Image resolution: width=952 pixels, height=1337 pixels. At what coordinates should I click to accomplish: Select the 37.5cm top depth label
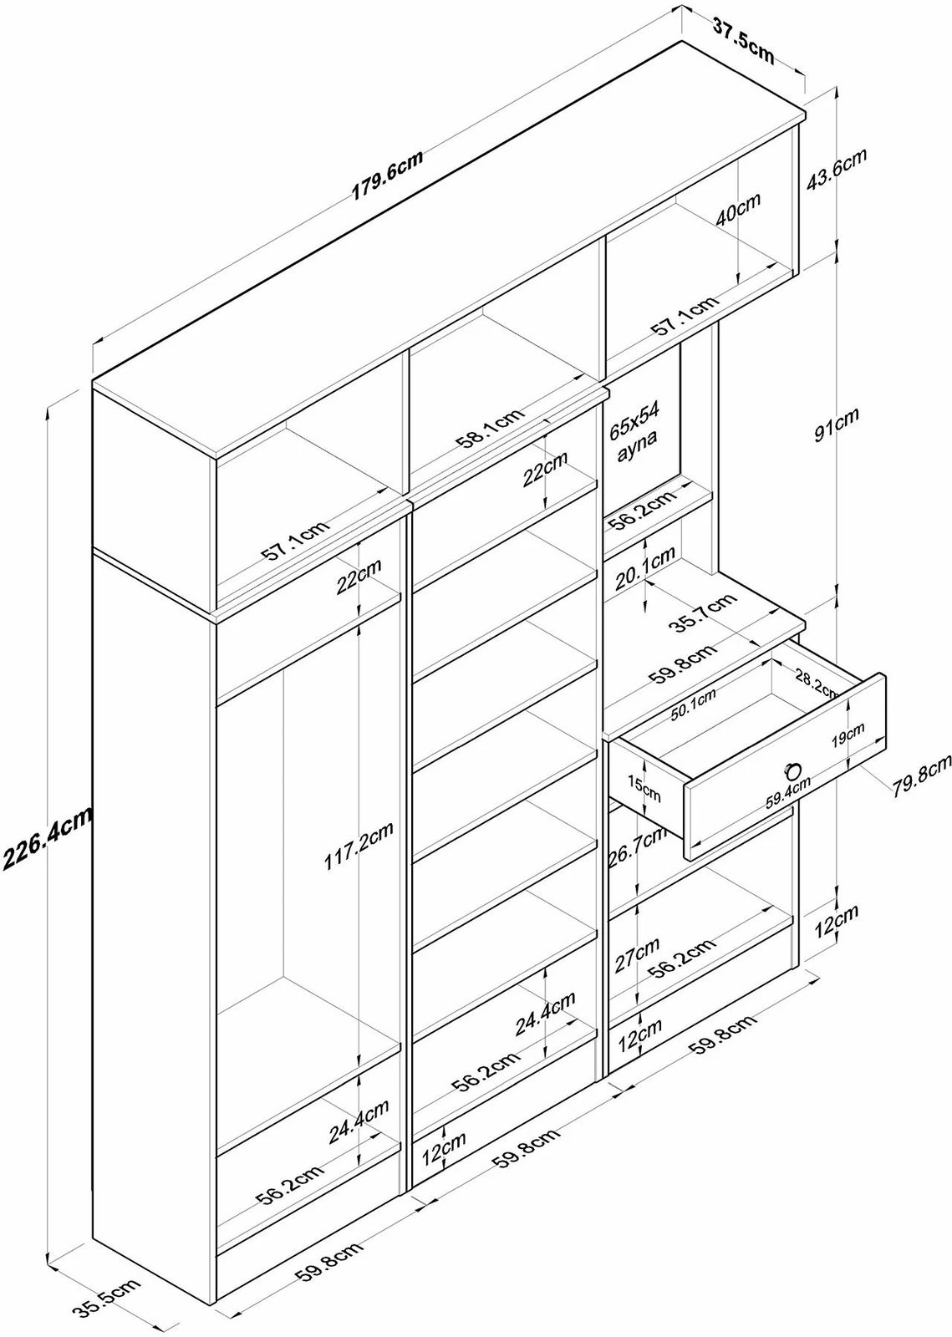pyautogui.click(x=742, y=38)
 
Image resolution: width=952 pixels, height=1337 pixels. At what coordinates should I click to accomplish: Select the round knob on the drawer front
pyautogui.click(x=790, y=770)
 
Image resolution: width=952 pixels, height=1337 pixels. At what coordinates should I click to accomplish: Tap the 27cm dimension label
pyautogui.click(x=635, y=954)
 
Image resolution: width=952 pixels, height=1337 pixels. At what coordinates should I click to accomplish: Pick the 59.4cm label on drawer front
pyautogui.click(x=789, y=793)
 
